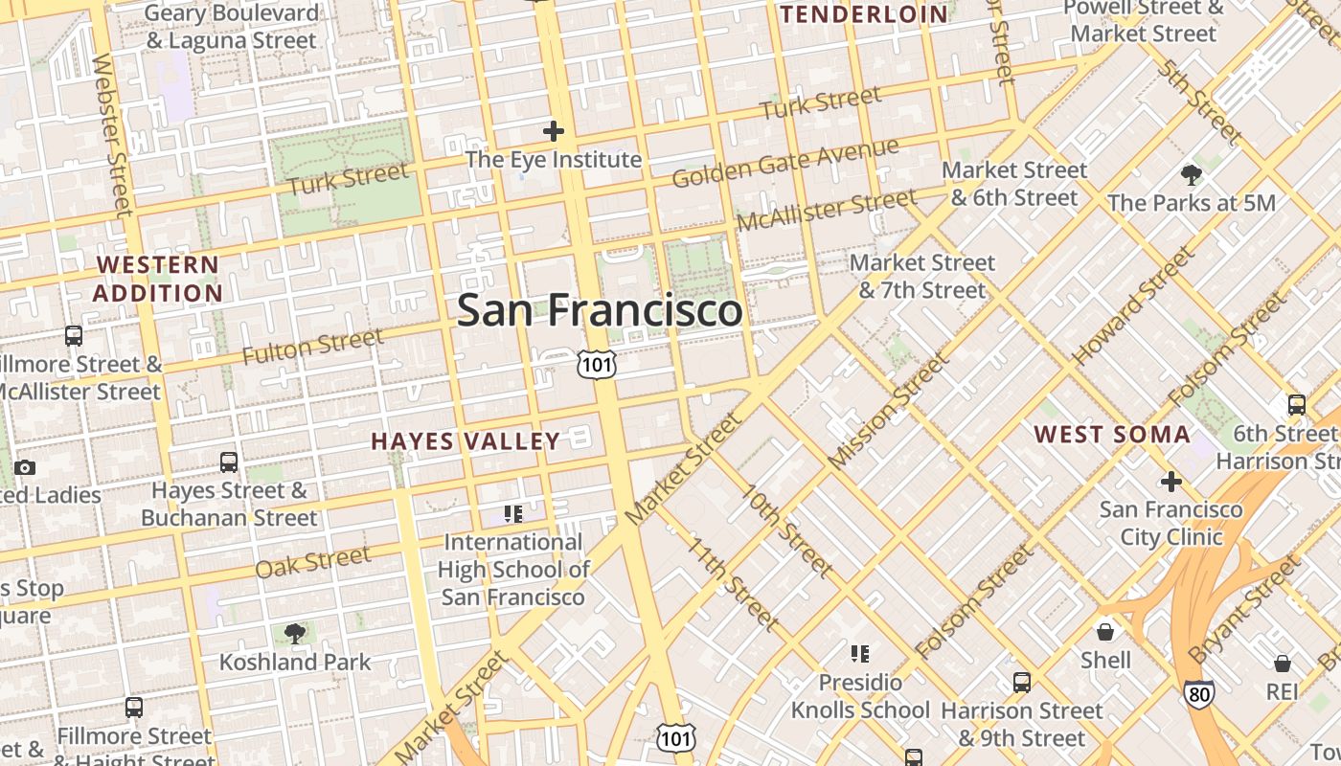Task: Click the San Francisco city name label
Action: tap(599, 310)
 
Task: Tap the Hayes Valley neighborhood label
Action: tap(466, 441)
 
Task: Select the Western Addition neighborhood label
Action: tap(158, 279)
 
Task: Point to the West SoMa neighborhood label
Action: tap(1112, 435)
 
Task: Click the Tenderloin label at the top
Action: tap(865, 14)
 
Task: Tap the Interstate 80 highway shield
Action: tap(1198, 693)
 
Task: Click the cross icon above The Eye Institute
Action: tap(553, 131)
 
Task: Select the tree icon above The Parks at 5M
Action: tap(1192, 175)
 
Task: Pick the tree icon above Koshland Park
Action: tap(294, 633)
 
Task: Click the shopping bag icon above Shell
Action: tap(1105, 632)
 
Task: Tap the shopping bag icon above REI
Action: tap(1282, 664)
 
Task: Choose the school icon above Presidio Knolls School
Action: tap(859, 654)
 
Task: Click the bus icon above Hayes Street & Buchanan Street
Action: tap(229, 462)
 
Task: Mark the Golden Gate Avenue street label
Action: tap(785, 163)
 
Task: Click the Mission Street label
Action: tap(888, 411)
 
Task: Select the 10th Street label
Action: tap(786, 531)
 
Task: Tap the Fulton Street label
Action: tap(312, 347)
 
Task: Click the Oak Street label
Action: tap(312, 562)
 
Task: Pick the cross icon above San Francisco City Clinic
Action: tap(1171, 481)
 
